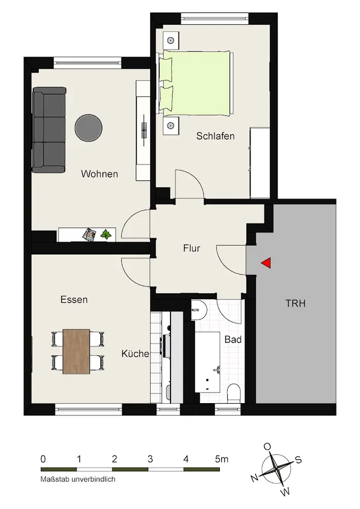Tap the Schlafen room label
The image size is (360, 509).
(215, 136)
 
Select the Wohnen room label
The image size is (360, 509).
(99, 174)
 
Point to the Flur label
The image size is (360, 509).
(191, 248)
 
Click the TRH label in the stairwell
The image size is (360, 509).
(295, 303)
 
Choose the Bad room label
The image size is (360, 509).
(233, 340)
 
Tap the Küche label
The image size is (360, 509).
(135, 354)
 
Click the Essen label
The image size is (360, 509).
(74, 299)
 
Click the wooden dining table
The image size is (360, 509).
(76, 352)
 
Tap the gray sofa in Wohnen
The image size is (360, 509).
(49, 130)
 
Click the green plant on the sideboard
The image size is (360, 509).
(105, 234)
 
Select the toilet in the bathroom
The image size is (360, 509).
(233, 393)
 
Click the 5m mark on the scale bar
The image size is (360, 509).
(221, 459)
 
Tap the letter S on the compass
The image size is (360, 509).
(298, 460)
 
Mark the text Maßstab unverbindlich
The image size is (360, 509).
(78, 479)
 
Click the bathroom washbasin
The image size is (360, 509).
(199, 309)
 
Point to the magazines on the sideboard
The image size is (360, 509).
(90, 234)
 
